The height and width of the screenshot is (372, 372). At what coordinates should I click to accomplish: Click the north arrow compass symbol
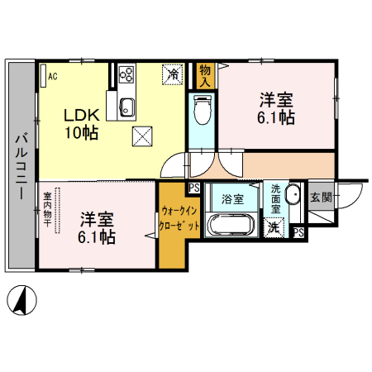21,300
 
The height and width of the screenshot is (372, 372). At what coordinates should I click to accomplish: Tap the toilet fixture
202,110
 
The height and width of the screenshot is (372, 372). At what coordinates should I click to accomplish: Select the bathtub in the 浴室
231,224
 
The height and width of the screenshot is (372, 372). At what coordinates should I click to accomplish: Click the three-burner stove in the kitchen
126,74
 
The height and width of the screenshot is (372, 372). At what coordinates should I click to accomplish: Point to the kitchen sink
127,107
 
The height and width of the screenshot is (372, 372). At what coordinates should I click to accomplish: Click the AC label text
53,76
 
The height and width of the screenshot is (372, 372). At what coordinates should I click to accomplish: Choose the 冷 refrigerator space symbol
173,74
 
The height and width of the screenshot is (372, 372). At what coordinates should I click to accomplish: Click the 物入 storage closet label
205,76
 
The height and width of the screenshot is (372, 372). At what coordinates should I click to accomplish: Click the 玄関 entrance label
321,198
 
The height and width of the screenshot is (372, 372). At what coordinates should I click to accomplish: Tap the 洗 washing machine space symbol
274,228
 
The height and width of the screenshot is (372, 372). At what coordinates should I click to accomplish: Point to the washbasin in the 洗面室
293,194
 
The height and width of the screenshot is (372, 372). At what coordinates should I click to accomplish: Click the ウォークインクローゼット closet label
179,218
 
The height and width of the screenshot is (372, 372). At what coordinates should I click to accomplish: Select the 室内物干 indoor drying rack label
47,209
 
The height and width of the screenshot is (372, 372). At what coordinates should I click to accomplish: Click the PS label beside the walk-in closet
194,188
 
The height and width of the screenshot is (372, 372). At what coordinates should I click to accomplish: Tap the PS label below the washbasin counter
298,233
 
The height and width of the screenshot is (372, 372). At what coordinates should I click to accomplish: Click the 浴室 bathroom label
232,199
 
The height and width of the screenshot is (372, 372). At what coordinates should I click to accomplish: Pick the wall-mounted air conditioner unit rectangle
43,76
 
